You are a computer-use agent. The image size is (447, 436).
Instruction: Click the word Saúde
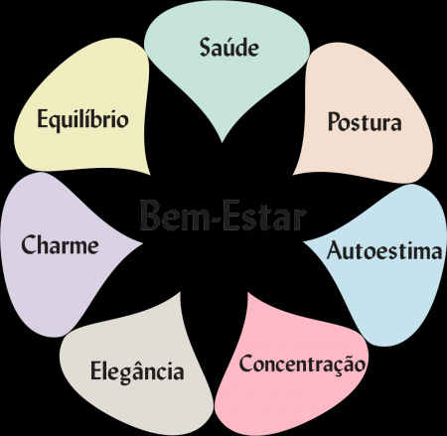point(229,47)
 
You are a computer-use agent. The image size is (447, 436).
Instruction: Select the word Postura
point(365,121)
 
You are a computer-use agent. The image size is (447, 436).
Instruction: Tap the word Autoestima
point(384,250)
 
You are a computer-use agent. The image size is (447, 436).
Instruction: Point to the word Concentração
point(302,364)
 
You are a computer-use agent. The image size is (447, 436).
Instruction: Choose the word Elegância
point(137,371)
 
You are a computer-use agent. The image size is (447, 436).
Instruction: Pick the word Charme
point(60,244)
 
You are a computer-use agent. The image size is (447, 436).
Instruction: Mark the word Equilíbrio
point(82,119)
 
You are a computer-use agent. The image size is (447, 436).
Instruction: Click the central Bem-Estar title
point(223,216)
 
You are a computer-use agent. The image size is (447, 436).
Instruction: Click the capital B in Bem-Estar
point(150,216)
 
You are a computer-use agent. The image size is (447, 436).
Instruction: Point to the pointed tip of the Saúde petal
point(222,143)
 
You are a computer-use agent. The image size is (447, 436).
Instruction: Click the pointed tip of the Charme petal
point(142,244)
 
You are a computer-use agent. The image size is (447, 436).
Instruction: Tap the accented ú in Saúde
point(228,48)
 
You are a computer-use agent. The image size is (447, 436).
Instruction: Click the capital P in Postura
point(335,121)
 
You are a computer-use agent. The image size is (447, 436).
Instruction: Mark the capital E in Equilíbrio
point(43,118)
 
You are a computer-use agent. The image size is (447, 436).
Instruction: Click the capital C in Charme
point(29,244)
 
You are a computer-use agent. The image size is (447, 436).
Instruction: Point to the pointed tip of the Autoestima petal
point(303,242)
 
